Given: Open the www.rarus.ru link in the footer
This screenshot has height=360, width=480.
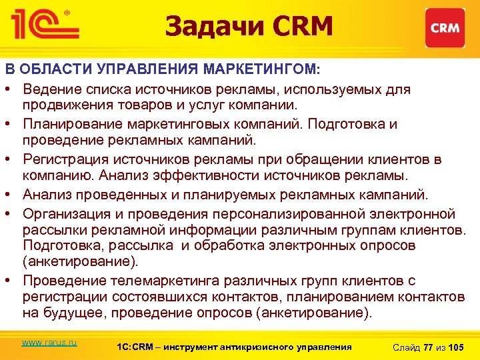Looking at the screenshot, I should [49, 342].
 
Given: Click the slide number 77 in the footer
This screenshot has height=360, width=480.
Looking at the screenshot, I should [428, 347].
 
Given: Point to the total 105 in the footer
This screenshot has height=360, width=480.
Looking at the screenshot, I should [457, 347].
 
